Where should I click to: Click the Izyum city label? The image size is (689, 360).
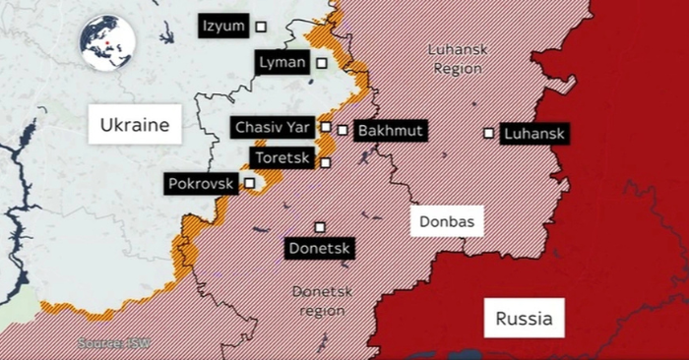click(x=223, y=27)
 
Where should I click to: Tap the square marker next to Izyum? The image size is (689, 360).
click(x=262, y=27)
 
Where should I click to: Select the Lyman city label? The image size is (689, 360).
click(x=282, y=63)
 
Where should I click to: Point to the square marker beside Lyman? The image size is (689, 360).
click(x=322, y=64)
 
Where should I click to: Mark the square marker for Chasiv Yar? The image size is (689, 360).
click(x=325, y=127)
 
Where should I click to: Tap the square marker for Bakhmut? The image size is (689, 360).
click(x=342, y=130)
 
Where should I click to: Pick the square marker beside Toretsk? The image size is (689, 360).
click(x=325, y=163)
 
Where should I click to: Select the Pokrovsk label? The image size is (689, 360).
click(x=201, y=184)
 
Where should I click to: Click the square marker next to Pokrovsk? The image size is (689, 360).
click(x=249, y=182)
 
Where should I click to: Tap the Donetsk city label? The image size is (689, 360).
click(x=319, y=249)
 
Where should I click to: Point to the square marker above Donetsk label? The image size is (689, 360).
click(x=319, y=227)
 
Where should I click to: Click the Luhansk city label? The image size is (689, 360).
click(x=534, y=134)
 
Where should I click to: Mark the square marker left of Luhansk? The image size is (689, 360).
click(x=488, y=133)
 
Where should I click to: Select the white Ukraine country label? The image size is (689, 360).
click(x=135, y=125)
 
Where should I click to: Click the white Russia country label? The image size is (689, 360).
click(x=524, y=319)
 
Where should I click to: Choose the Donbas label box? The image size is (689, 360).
click(x=448, y=222)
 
